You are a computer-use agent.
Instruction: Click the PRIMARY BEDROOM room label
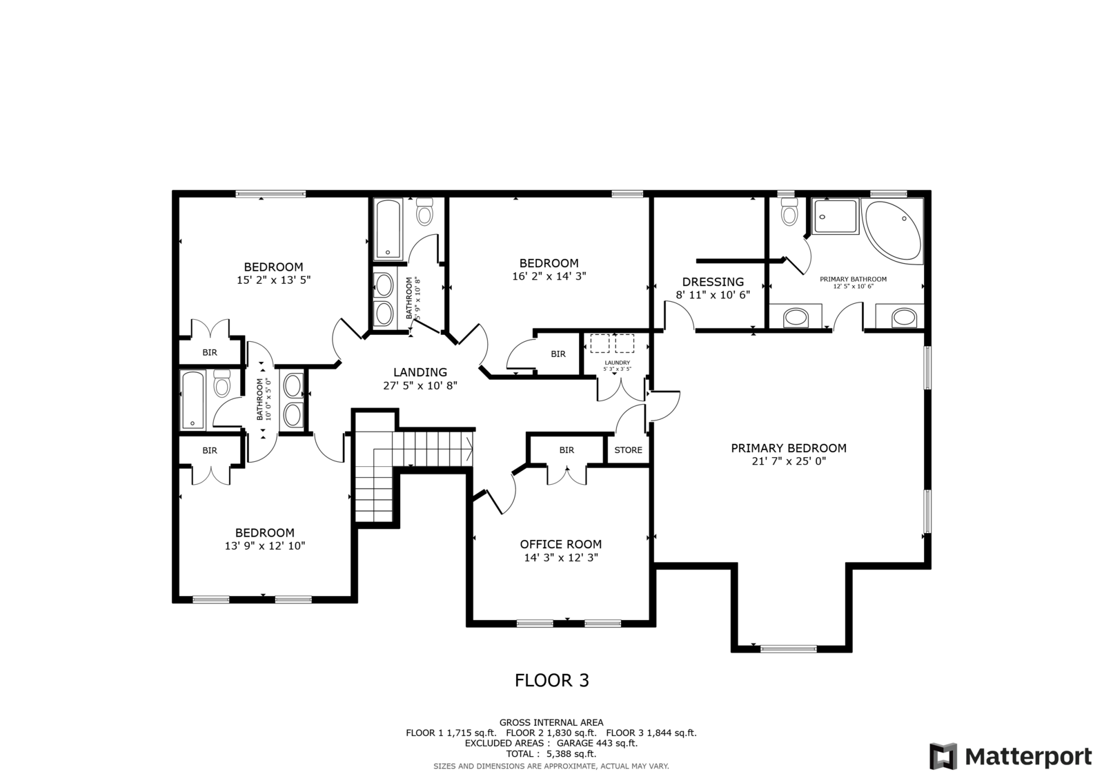pos(789,448)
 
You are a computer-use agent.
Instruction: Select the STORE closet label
pos(628,450)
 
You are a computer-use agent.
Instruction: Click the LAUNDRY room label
pos(617,363)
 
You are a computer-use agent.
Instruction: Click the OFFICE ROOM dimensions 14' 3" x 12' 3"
pos(560,557)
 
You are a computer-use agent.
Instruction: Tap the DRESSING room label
pos(713,282)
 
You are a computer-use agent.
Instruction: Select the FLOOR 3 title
pos(552,681)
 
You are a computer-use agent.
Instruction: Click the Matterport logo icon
pos(943,756)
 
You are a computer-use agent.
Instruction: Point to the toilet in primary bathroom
pos(789,213)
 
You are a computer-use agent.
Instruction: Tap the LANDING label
pos(420,372)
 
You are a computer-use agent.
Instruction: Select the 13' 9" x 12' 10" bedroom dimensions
pos(265,546)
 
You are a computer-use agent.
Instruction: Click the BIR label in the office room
pos(566,450)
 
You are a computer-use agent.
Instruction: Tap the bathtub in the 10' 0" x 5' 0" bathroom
pos(193,400)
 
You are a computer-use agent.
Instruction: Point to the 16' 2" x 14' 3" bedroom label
pos(549,263)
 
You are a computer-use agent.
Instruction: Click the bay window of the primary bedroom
pos(788,648)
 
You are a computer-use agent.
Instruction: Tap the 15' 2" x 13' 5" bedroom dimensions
pos(273,280)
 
